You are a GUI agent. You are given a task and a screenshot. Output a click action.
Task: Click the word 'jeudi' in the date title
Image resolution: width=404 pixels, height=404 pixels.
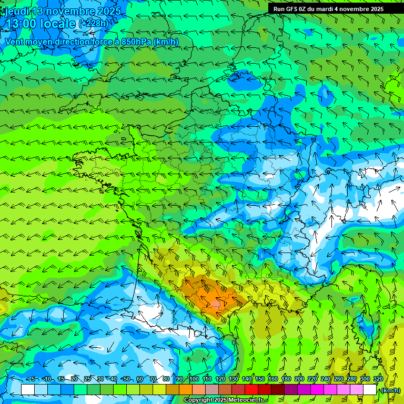[16, 11]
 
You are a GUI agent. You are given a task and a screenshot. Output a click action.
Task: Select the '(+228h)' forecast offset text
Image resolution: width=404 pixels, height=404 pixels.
[94, 23]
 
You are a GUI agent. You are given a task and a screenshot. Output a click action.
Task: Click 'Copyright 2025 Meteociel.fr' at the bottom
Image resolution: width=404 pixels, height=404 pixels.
[223, 400]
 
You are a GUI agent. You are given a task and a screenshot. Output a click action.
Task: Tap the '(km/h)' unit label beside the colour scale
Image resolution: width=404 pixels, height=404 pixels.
[390, 390]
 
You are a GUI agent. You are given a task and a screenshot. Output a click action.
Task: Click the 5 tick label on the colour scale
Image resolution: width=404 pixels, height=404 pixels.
[34, 379]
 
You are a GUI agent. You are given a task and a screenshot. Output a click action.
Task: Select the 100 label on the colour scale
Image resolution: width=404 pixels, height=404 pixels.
[194, 379]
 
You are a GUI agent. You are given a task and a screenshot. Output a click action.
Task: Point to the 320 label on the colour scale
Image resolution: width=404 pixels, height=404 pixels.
[378, 379]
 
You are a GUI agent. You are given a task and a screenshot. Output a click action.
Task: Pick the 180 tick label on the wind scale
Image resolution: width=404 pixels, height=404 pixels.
[286, 379]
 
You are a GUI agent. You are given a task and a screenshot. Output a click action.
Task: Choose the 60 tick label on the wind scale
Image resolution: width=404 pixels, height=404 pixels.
[139, 379]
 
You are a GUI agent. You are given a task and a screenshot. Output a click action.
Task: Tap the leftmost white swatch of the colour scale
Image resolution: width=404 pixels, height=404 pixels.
[28, 390]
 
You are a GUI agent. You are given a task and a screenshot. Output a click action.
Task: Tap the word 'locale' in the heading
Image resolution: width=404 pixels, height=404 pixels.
[57, 24]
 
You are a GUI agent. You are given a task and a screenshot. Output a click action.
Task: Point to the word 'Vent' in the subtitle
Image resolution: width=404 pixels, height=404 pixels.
[14, 42]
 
